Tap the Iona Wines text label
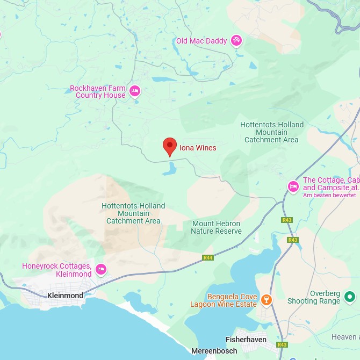198,148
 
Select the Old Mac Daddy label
201,41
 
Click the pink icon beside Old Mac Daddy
236,41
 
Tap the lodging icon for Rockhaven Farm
135,91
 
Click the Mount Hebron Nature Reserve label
216,227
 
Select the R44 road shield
208,258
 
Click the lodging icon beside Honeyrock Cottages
100,269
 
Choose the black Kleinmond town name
65,296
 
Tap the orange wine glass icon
266,299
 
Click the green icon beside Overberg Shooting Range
350,296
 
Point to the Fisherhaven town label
246,340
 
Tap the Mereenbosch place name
214,351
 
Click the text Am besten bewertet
329,195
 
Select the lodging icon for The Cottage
293,186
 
